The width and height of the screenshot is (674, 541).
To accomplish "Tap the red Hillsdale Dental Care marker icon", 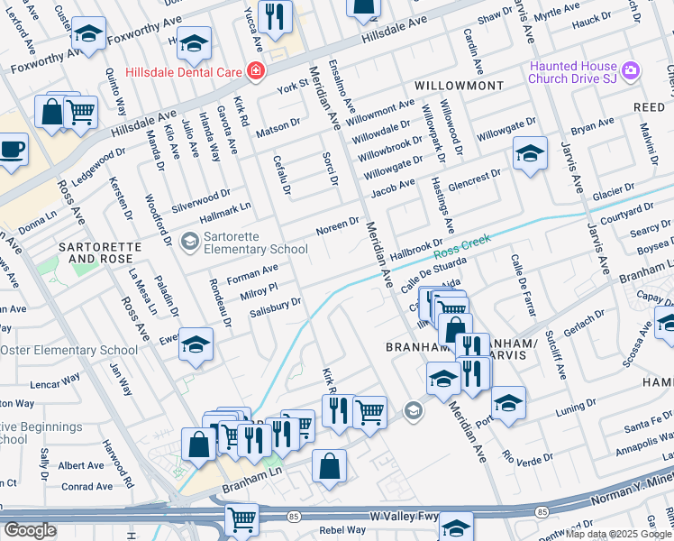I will click(257, 70).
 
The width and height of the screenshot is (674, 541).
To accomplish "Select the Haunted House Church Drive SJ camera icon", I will click(631, 70).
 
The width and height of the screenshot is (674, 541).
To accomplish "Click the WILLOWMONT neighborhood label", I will click(459, 85).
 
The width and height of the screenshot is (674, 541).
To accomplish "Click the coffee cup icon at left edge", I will click(12, 149).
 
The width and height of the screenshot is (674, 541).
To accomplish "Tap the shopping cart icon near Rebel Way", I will click(241, 519).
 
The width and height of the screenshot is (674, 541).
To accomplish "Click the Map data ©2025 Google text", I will click(619, 534).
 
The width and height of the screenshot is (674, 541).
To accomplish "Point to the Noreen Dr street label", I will click(338, 225).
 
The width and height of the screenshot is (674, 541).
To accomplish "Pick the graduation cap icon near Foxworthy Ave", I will click(88, 35).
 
